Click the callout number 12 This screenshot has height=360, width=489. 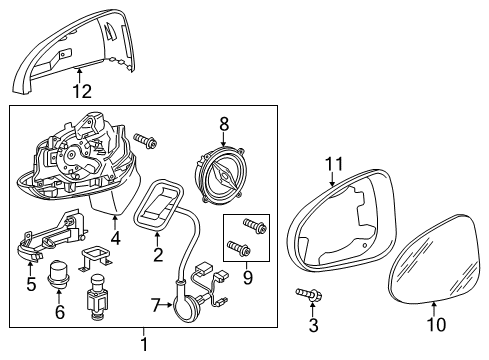(x=82, y=91)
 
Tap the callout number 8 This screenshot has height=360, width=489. (x=224, y=124)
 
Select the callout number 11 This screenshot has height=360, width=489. (x=334, y=164)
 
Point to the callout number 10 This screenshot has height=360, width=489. (x=436, y=324)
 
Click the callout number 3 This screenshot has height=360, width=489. (x=313, y=325)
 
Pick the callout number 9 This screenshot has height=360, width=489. (x=248, y=278)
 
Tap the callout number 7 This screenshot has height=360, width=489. (x=156, y=305)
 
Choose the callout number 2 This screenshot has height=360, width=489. (x=158, y=255)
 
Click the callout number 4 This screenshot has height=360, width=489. (x=115, y=238)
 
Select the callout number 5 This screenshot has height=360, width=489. (x=31, y=284)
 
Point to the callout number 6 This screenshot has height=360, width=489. (x=60, y=312)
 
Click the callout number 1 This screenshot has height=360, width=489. (x=144, y=344)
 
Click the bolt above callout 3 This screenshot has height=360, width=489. (x=309, y=294)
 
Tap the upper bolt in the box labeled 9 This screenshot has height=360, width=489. (x=255, y=225)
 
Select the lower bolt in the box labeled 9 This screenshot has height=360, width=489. (x=239, y=248)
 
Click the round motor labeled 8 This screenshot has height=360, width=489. (x=219, y=175)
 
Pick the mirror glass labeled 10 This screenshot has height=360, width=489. (x=436, y=259)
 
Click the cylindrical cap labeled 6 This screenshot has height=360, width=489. (x=58, y=274)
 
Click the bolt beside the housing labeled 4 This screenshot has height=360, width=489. (x=146, y=141)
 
